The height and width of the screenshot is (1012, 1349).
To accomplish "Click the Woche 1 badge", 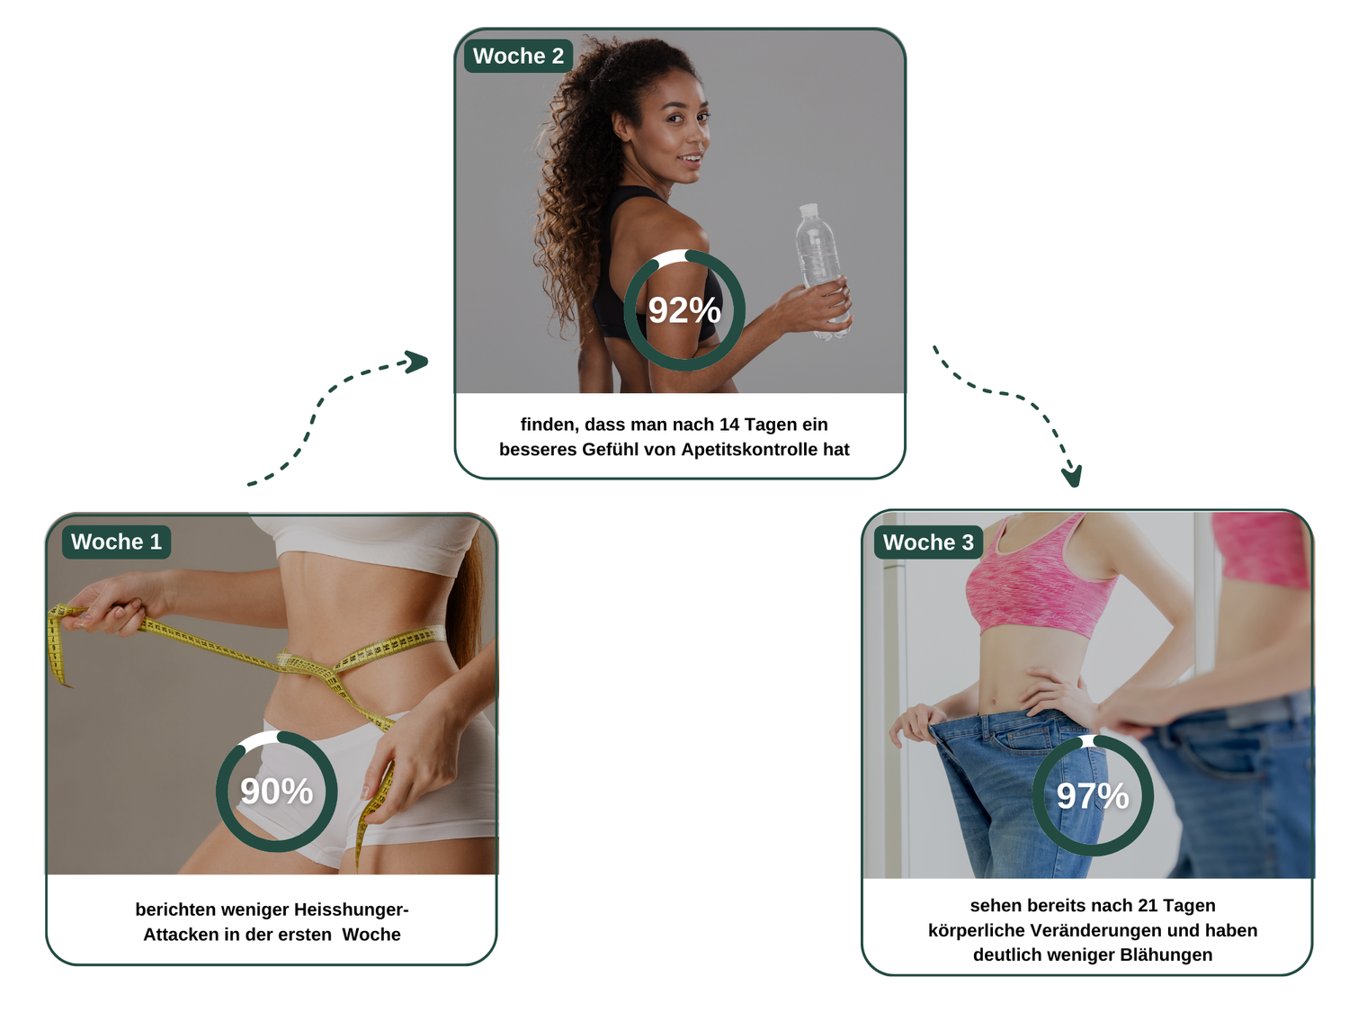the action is tap(116, 542).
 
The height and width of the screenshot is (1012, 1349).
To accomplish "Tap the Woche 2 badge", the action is tap(518, 56).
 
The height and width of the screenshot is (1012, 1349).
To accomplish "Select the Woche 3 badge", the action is tap(928, 542).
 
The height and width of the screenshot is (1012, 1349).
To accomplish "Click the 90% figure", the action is tap(277, 791).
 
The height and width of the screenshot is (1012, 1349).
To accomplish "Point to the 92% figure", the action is tap(684, 309).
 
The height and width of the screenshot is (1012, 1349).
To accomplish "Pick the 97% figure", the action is tap(1092, 796).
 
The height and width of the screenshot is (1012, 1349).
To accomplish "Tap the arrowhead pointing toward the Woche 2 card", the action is tap(416, 362).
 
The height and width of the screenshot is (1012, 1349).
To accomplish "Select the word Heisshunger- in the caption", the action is tap(351, 909).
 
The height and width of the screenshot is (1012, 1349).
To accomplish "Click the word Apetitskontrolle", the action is tap(748, 449).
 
